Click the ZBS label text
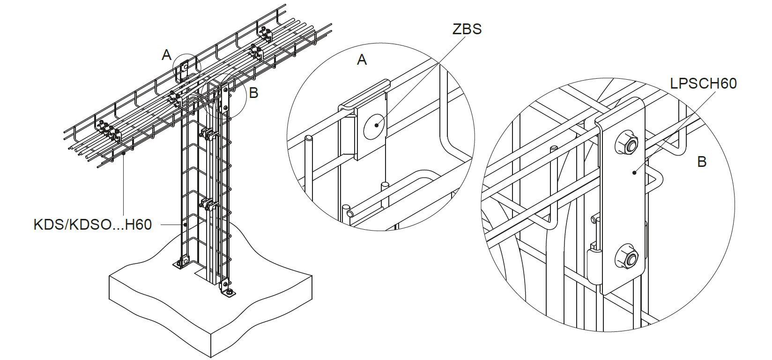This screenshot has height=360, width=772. [x=467, y=29]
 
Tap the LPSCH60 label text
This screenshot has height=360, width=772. [x=704, y=83]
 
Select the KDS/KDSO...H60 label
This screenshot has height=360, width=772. [x=93, y=225]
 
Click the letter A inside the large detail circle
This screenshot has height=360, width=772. [x=362, y=60]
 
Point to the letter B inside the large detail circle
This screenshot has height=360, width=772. [x=702, y=162]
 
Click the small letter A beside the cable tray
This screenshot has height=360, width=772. [x=167, y=55]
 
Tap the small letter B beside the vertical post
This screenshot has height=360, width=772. [x=253, y=93]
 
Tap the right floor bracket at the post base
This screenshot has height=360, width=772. [x=228, y=289]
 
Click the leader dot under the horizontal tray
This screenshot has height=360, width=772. [x=123, y=155]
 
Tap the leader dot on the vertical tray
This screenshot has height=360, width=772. [x=186, y=225]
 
